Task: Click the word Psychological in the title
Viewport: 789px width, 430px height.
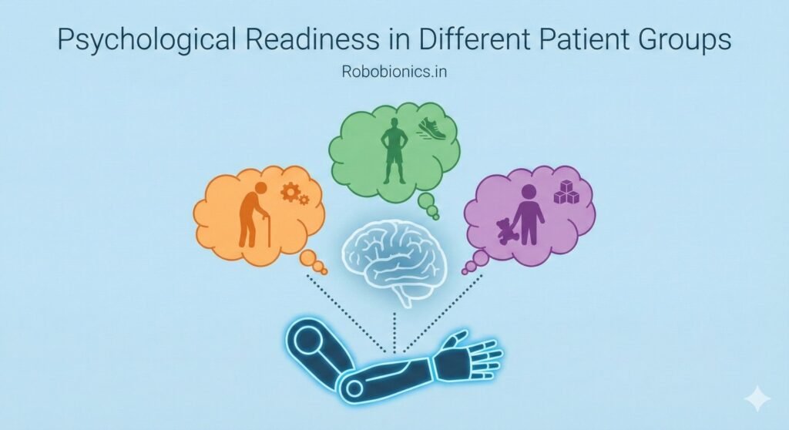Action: [146, 40]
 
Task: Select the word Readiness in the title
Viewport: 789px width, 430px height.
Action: [313, 39]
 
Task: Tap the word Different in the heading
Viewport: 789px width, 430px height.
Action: [474, 39]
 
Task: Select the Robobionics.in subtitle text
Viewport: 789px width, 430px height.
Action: [394, 72]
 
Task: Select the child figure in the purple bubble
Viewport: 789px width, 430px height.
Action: [528, 214]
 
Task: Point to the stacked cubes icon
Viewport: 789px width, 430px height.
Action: [566, 192]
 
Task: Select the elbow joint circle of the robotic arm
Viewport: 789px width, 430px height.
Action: [354, 388]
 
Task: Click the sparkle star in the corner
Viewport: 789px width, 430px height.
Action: [757, 399]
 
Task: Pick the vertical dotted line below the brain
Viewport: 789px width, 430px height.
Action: [394, 332]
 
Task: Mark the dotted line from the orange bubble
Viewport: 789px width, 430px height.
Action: [346, 313]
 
